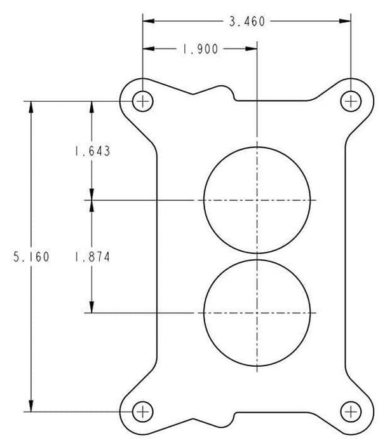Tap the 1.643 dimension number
pos(92,151)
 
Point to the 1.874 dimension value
pos(92,257)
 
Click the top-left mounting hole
pos(143,100)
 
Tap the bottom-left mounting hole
pos(143,411)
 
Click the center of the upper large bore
pos(257,200)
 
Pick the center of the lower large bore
pos(257,313)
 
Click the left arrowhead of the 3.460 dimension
pos(147,22)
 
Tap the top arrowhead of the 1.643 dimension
pos(92,106)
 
